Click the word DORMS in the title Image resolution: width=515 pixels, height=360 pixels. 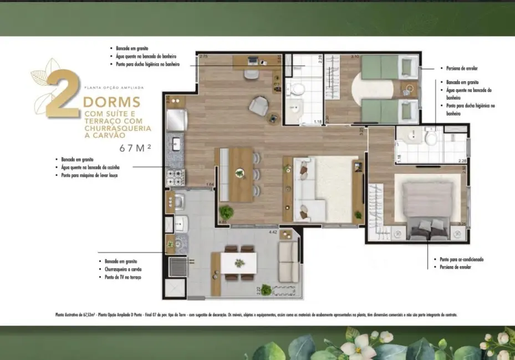110,103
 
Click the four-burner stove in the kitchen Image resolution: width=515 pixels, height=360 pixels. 176,177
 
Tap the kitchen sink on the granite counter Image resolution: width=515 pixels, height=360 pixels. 176,143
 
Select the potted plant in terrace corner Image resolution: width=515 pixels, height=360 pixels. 266,289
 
